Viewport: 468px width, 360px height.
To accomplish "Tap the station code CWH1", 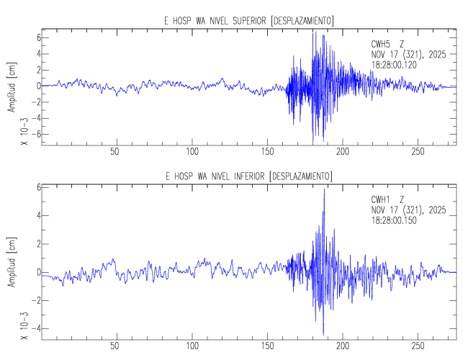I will tap(380, 199).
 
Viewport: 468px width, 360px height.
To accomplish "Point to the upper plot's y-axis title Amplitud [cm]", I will tap(12, 86).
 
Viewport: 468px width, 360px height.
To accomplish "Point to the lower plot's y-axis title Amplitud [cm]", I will tap(12, 261).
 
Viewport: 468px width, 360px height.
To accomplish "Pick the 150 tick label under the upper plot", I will tap(268, 152).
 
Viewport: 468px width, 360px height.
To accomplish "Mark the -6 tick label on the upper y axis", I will tap(32, 135).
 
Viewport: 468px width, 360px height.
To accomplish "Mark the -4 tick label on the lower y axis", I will tap(32, 329).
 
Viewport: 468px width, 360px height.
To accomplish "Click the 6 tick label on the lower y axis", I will tap(35, 187).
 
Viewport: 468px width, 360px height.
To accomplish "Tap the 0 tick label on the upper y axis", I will tap(35, 86).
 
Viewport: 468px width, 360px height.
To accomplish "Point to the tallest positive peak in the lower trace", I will tap(324, 189).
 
